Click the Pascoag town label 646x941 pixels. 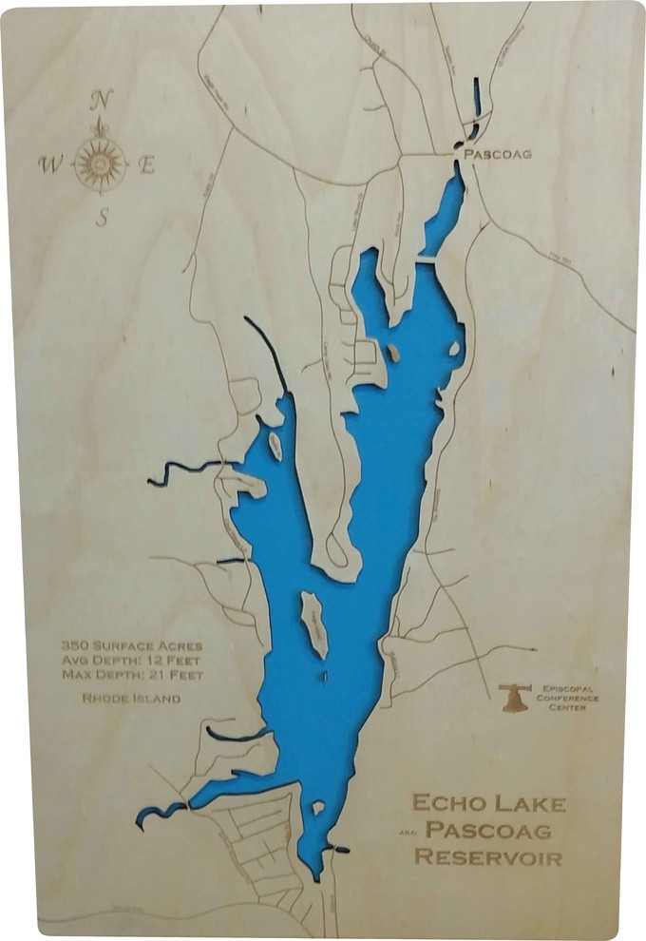pyautogui.click(x=496, y=153)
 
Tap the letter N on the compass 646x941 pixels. pyautogui.click(x=103, y=100)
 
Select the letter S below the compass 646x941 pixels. pyautogui.click(x=103, y=218)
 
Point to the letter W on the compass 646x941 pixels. pyautogui.click(x=48, y=163)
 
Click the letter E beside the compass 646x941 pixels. pyautogui.click(x=146, y=164)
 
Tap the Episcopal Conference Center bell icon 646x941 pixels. pyautogui.click(x=514, y=697)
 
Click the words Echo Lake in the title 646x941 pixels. pyautogui.click(x=488, y=803)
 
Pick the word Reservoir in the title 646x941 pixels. pyautogui.click(x=488, y=857)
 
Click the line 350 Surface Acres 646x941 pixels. pyautogui.click(x=131, y=644)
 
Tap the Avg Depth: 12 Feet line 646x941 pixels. pyautogui.click(x=131, y=660)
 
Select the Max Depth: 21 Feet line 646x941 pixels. pyautogui.click(x=131, y=675)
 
